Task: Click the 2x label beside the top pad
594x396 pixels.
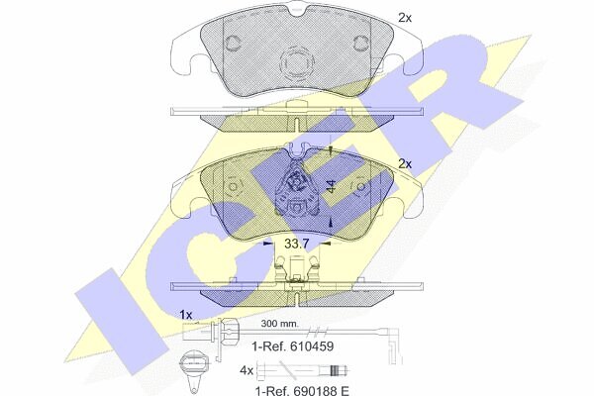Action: point(405,18)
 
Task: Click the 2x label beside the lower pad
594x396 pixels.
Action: point(405,164)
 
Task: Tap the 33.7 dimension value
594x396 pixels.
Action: point(297,244)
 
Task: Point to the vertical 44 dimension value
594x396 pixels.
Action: point(332,186)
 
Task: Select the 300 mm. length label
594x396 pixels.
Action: point(279,324)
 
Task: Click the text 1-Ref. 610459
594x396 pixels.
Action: point(293,346)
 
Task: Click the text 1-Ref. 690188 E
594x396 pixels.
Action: point(302,390)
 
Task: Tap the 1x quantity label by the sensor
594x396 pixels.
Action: point(186,315)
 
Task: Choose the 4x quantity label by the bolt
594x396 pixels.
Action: point(247,370)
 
